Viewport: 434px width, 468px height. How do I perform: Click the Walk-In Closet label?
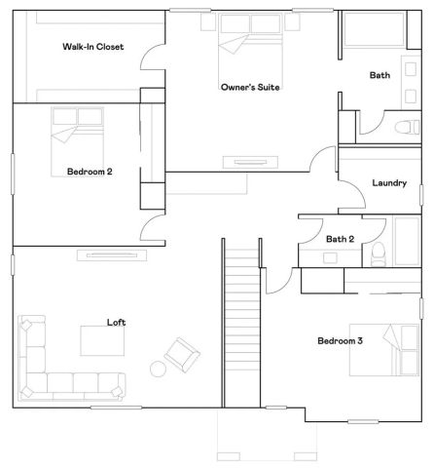pos(93,46)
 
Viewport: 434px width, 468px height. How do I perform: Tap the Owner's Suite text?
pos(250,87)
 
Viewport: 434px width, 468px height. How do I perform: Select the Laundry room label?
pos(389,182)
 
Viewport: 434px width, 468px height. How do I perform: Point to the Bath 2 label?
pos(341,239)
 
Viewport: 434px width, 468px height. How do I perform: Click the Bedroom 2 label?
pos(90,172)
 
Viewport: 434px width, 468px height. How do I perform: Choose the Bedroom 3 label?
pos(340,340)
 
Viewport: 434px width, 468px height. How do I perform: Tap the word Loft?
pos(116,322)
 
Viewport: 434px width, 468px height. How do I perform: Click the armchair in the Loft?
pos(182,353)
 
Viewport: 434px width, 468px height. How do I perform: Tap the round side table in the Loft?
pos(158,369)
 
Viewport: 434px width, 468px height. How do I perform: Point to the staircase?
pos(241,322)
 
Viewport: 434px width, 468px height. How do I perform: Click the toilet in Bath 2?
pos(378,255)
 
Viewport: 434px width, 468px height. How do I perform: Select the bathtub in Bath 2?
pos(405,241)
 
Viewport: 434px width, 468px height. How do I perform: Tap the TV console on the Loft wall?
pos(112,255)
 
